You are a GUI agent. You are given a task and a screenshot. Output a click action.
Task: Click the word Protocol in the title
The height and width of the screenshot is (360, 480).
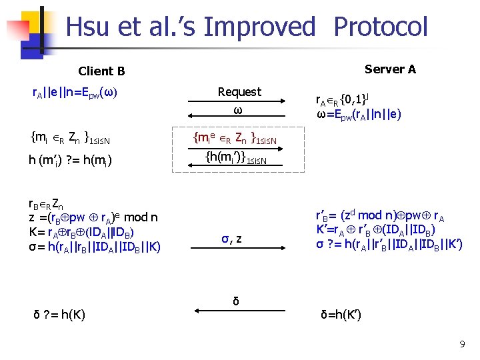380,27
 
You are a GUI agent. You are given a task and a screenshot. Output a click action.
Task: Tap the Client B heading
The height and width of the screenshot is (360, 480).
101,71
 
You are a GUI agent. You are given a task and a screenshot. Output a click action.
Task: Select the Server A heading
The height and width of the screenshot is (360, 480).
391,69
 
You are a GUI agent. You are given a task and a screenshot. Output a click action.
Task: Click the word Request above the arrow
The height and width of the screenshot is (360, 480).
240,91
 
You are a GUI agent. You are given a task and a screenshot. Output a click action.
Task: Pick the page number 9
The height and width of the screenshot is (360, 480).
462,344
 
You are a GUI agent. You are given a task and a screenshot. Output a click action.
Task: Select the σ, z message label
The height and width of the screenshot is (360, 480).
231,238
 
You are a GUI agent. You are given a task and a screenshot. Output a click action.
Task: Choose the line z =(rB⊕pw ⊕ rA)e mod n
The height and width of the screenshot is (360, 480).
93,217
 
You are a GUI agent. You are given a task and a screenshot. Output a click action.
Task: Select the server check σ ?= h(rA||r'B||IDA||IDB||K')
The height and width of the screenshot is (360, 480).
389,243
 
